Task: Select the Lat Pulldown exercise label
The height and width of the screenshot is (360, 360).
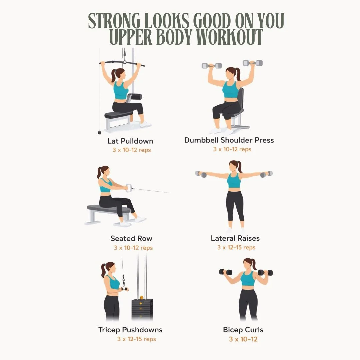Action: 130,141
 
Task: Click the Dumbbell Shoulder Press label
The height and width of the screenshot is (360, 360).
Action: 229,140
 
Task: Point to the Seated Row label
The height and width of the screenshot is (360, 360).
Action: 131,238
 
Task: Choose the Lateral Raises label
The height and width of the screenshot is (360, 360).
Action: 235,238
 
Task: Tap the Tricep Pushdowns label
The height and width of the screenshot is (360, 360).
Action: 130,330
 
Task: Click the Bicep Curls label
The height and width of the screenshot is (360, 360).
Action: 243,330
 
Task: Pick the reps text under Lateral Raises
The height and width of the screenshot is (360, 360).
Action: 236,247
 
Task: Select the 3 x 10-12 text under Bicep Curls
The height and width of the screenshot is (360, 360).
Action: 243,339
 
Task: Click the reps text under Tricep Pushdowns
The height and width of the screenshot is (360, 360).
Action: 136,339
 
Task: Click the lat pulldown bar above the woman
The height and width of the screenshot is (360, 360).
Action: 122,63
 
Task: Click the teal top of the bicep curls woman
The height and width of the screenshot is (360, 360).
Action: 248,279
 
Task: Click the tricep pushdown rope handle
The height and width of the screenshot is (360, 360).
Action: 124,287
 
